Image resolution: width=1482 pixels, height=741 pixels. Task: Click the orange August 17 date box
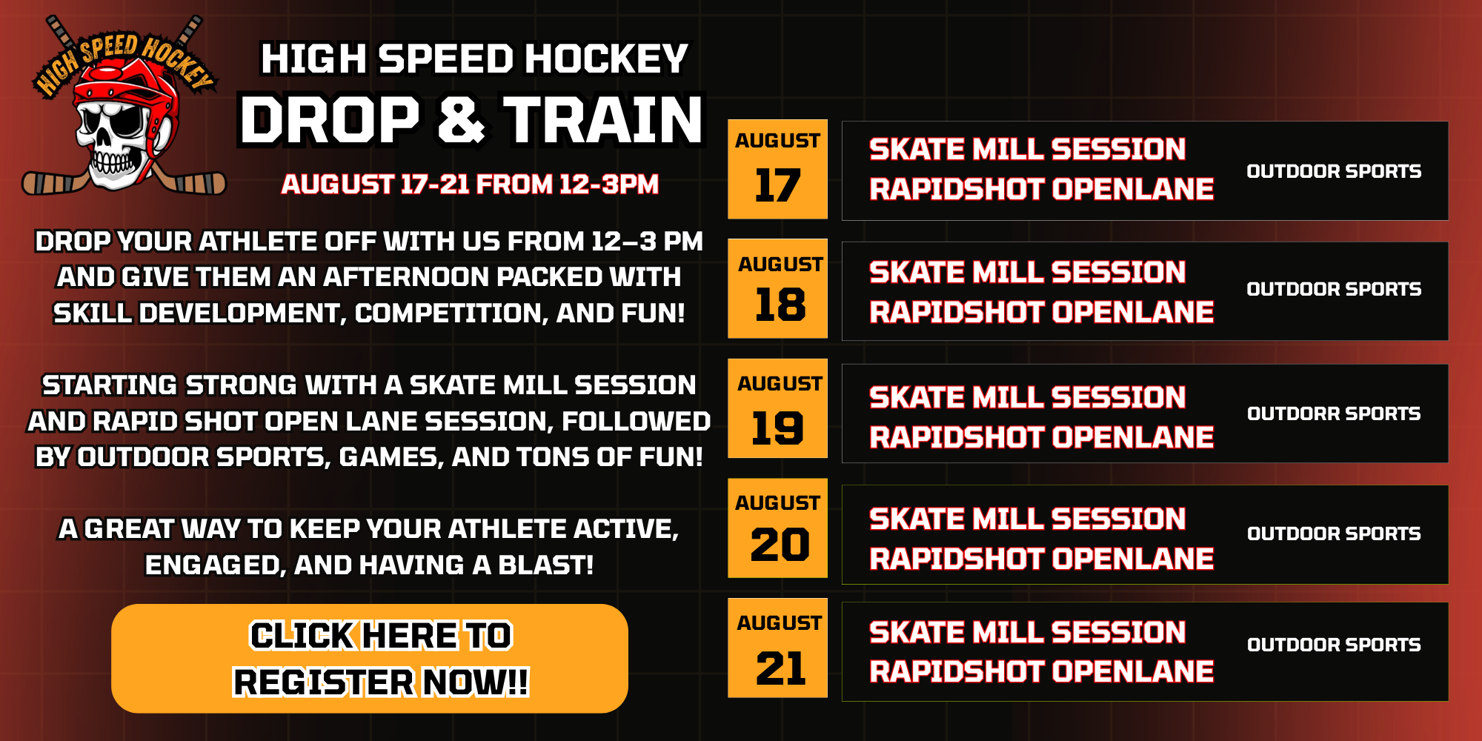777,169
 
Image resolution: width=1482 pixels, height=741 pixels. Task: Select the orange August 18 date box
777,288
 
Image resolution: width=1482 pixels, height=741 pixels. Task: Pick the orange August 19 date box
777,408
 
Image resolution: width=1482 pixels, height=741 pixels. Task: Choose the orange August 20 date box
777,528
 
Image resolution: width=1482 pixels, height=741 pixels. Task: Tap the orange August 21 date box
777,648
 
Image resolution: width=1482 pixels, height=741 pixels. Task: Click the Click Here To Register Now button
370,659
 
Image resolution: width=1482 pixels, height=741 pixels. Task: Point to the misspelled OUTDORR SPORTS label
1334,413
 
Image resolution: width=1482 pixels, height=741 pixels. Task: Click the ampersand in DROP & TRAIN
462,120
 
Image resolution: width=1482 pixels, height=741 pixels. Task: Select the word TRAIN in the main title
603,120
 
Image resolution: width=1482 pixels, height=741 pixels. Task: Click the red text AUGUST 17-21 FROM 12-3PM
470,184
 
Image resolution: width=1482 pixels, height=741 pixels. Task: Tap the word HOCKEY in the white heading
607,59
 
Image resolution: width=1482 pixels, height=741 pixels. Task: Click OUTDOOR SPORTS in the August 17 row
1334,171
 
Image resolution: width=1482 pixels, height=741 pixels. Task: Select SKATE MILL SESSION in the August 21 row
1027,632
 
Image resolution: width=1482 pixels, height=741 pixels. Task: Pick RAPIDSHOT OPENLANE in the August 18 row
1041,312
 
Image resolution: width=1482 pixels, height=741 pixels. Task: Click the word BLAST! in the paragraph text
545,565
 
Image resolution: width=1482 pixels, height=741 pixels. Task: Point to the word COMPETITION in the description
451,313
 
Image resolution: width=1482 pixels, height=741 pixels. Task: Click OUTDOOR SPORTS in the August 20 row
1334,534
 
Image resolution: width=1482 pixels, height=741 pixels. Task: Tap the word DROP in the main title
330,120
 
